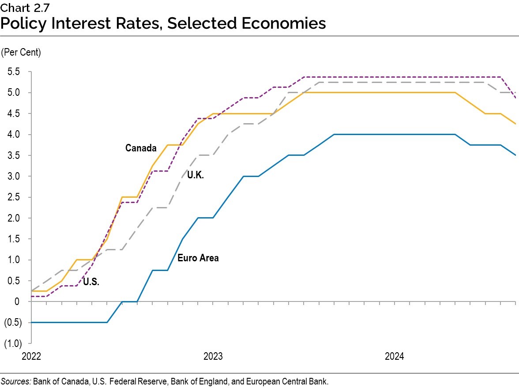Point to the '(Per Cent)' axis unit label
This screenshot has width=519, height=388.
point(21,53)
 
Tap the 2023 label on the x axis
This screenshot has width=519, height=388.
point(213,356)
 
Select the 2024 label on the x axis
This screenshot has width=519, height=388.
point(394,356)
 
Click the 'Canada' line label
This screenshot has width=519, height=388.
point(141,148)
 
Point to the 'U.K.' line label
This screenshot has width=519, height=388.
point(195,175)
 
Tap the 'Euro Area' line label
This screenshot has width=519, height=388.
point(198,258)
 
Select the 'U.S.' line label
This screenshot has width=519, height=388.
point(90,283)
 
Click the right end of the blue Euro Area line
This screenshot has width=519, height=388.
point(515,155)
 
